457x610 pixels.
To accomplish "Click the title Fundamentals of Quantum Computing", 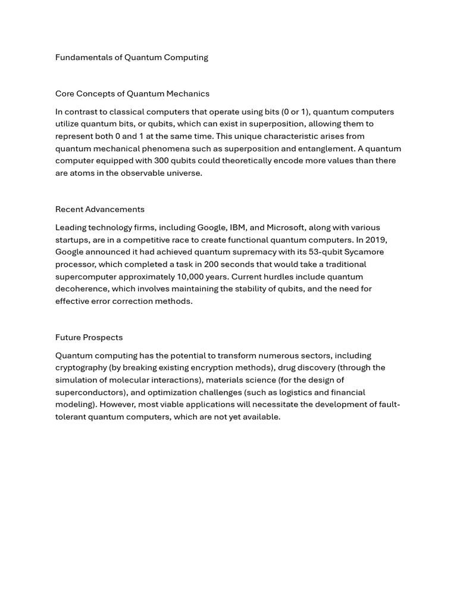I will point(132,57).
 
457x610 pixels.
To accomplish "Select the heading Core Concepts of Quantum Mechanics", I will point(132,94).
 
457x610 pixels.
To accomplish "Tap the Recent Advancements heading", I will point(99,209).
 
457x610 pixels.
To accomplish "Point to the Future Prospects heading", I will point(89,337).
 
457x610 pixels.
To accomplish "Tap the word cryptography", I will point(81,368).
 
